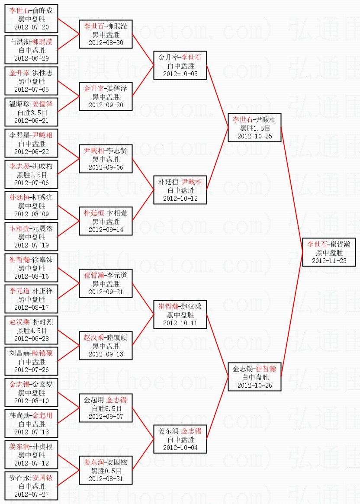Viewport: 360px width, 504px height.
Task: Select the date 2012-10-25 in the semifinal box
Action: pyautogui.click(x=255, y=136)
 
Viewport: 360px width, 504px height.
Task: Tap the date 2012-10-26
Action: pyautogui.click(x=255, y=385)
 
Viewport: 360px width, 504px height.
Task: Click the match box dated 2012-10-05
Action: pyautogui.click(x=180, y=66)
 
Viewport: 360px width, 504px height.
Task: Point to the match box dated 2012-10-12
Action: pyautogui.click(x=180, y=190)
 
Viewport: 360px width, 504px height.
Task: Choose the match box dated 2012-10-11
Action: pyautogui.click(x=180, y=315)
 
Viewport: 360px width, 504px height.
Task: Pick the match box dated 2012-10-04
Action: pyautogui.click(x=180, y=440)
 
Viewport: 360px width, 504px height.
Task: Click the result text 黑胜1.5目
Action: pyautogui.click(x=255, y=128)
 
